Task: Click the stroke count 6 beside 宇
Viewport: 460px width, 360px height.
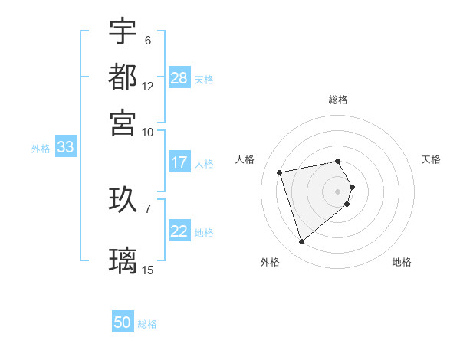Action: (x=148, y=40)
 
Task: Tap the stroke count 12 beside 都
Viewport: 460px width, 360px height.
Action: (x=148, y=86)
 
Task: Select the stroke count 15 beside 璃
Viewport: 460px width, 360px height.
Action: (x=148, y=270)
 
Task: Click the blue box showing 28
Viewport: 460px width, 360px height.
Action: (x=179, y=77)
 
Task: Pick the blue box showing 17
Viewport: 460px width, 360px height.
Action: (x=179, y=162)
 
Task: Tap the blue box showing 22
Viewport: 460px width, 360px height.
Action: (x=179, y=231)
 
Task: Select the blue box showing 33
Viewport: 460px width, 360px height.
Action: (x=65, y=148)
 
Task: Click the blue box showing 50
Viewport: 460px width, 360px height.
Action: (x=123, y=322)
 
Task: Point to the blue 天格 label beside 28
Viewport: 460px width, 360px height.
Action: (x=204, y=79)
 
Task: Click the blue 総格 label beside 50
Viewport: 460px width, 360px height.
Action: (x=147, y=324)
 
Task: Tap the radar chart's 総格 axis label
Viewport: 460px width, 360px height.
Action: (x=338, y=100)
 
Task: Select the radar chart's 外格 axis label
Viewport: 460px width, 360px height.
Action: (x=270, y=262)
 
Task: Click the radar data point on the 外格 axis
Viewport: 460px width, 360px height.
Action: (x=301, y=242)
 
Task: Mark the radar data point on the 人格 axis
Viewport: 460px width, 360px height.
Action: (x=280, y=172)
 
